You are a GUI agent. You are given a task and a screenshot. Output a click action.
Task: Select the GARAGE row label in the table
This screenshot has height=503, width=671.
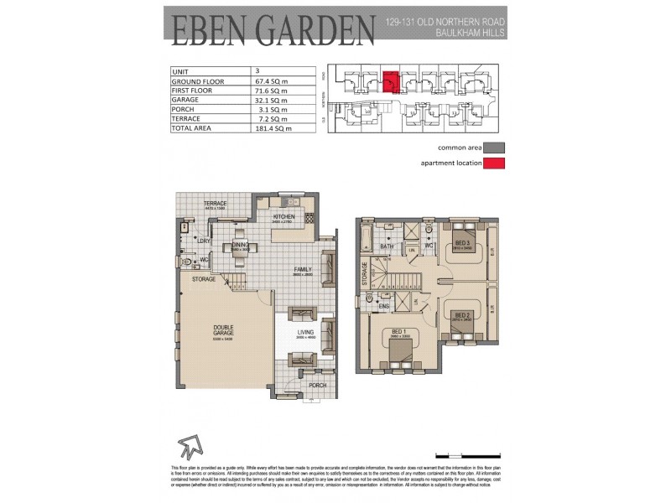click(187, 100)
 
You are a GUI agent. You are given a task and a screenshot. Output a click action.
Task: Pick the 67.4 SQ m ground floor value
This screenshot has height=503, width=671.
click(278, 81)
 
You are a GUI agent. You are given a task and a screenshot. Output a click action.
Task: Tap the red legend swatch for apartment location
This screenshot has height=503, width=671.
click(495, 163)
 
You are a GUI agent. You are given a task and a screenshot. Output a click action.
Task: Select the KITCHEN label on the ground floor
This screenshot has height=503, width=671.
click(285, 216)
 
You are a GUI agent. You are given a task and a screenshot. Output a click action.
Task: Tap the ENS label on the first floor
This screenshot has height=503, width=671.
click(385, 306)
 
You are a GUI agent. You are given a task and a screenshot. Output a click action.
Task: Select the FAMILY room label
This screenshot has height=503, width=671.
click(301, 270)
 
